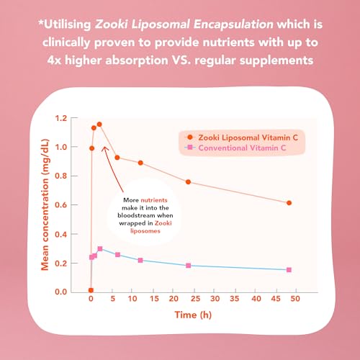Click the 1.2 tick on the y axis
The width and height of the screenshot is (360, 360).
66,118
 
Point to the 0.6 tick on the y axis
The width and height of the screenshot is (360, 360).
66,205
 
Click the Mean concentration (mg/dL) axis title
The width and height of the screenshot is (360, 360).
45,205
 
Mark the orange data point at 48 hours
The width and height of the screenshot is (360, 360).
289,202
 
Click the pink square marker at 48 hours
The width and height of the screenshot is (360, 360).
289,269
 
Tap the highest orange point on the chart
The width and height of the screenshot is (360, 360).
99,125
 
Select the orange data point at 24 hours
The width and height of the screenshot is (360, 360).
189,181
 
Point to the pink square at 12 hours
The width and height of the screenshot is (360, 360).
140,260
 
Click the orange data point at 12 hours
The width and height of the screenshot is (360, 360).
140,163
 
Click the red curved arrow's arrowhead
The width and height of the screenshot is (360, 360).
104,148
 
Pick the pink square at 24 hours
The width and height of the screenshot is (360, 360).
189,266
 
